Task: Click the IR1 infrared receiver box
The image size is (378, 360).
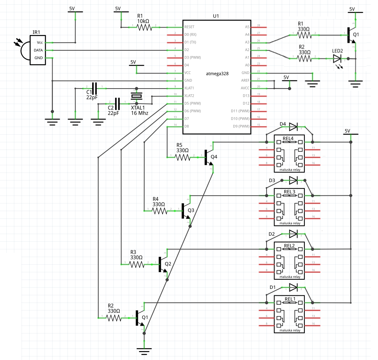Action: click(38, 50)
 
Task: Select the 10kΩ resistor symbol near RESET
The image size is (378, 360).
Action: click(144, 27)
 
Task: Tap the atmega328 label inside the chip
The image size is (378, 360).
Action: click(217, 73)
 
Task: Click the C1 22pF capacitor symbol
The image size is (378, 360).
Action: click(95, 87)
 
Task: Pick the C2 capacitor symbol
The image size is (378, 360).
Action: click(117, 103)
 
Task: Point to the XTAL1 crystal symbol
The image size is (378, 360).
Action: click(136, 96)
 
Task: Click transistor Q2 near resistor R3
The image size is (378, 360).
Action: click(162, 264)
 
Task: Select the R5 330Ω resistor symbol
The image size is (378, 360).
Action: click(182, 156)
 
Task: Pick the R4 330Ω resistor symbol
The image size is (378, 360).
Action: click(159, 211)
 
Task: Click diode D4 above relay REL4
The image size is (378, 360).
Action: click(294, 126)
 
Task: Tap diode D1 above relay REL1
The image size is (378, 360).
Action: click(294, 287)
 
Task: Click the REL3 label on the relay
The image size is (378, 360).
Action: click(289, 192)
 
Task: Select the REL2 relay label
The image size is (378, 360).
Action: click(289, 246)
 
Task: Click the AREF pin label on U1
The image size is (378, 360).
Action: click(245, 80)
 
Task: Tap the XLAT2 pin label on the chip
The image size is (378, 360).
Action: click(189, 96)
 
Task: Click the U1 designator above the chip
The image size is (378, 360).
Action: click(215, 16)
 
